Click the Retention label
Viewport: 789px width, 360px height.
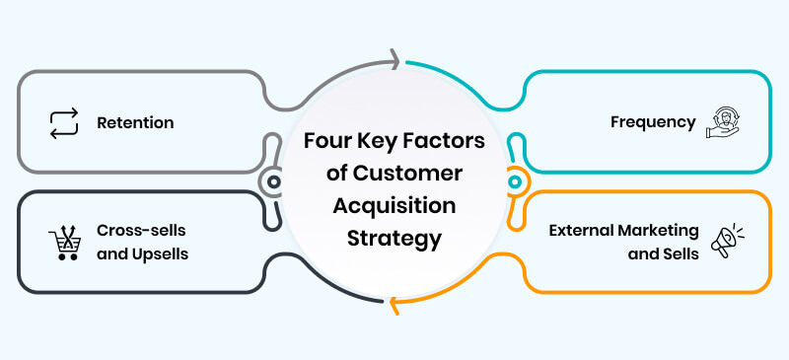135,123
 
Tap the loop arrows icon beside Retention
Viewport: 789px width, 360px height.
63,123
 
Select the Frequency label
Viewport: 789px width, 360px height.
653,123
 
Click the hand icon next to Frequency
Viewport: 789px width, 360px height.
722,123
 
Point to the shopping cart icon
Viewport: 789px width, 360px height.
63,241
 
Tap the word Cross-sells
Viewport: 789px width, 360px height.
137,230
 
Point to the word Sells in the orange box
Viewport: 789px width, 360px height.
680,252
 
